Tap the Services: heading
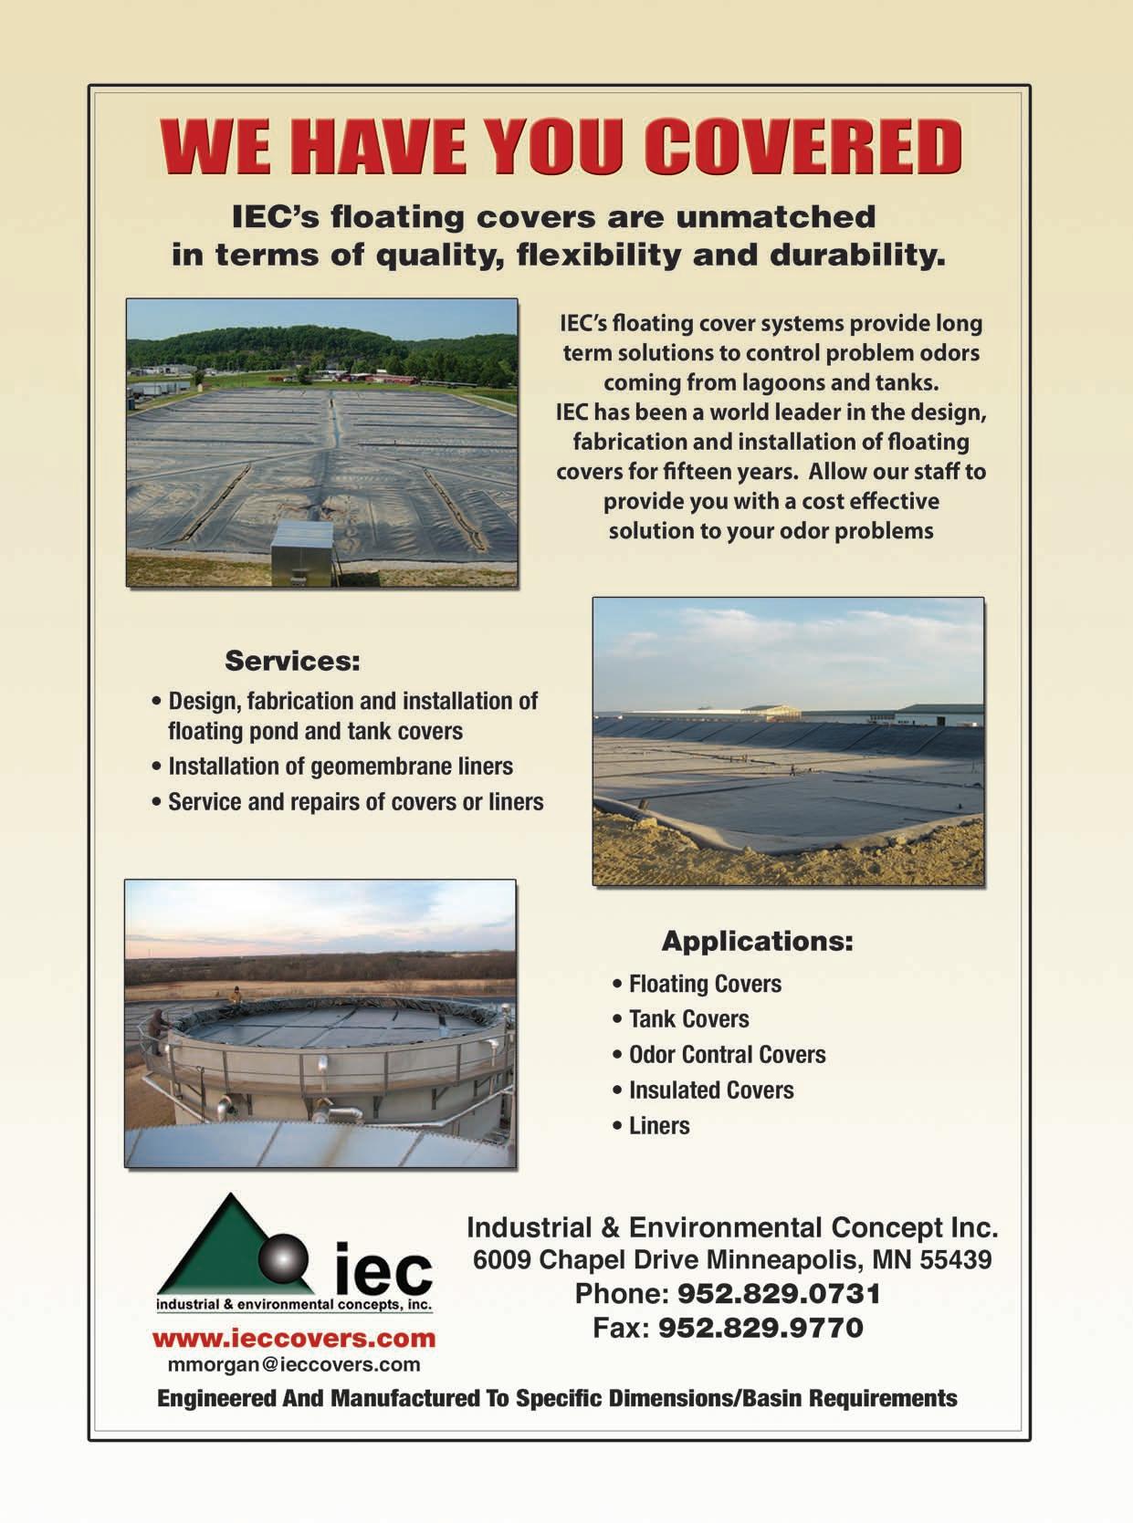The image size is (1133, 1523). pyautogui.click(x=292, y=660)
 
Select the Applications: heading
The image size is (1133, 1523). pyautogui.click(x=757, y=940)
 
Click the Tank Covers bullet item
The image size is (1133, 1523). pyautogui.click(x=688, y=1018)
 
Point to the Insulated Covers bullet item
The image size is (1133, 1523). pyautogui.click(x=710, y=1090)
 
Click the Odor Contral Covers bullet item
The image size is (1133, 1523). pyautogui.click(x=727, y=1054)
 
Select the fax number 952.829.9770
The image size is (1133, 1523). pyautogui.click(x=761, y=1327)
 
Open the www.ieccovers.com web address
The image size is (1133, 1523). pyautogui.click(x=294, y=1339)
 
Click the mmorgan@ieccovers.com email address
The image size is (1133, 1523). pyautogui.click(x=294, y=1364)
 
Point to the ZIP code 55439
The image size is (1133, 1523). pyautogui.click(x=955, y=1260)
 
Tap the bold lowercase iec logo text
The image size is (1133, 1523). pyautogui.click(x=383, y=1268)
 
